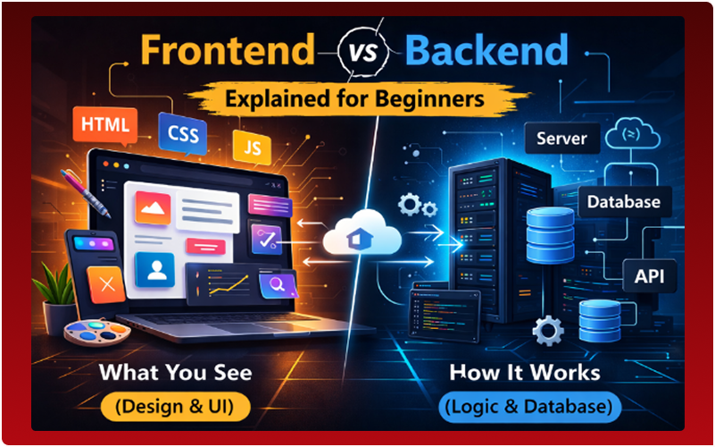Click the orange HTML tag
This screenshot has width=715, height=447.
click(106, 122)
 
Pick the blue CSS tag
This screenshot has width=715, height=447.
click(183, 135)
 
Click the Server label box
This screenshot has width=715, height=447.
click(561, 139)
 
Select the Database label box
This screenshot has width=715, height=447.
click(623, 202)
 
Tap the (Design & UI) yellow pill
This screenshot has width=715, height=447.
click(174, 408)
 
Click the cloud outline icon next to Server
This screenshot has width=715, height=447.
click(631, 137)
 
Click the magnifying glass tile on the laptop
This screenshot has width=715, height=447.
click(275, 286)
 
